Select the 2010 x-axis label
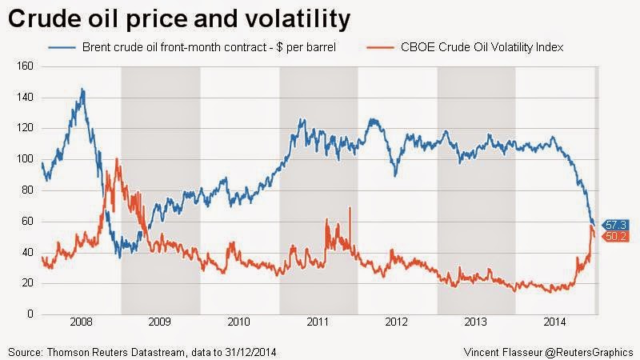tap(239, 323)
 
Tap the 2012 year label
tap(398, 323)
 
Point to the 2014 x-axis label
tap(555, 323)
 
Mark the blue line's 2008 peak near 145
tap(82, 90)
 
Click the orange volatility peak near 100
tap(117, 159)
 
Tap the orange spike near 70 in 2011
tap(350, 208)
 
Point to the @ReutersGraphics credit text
tap(591, 350)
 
